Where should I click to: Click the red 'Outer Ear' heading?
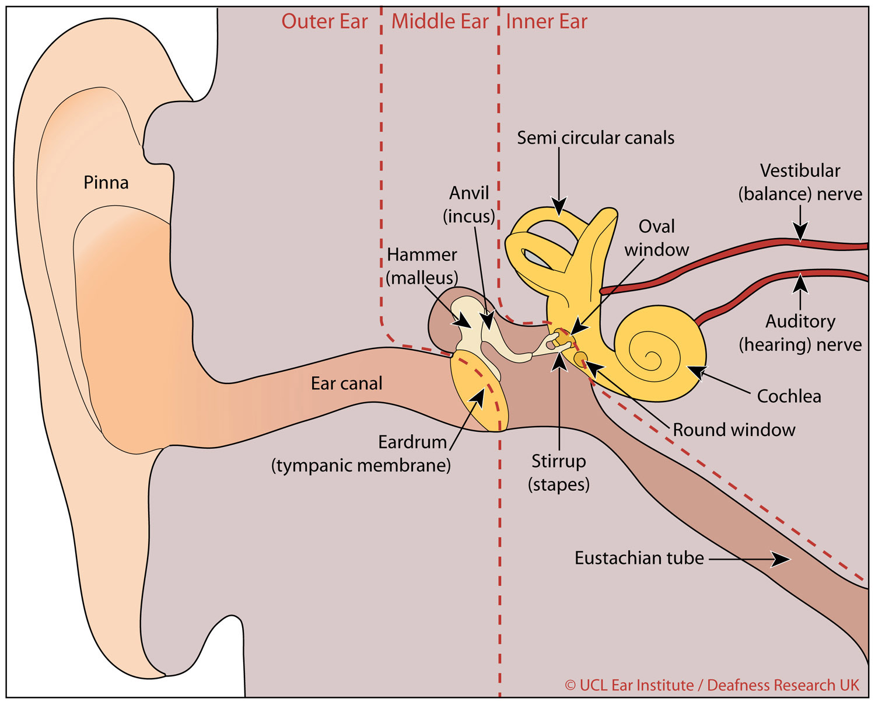click(324, 22)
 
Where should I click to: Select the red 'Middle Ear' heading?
click(440, 22)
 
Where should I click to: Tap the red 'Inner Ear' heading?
click(547, 22)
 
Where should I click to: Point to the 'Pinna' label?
click(106, 183)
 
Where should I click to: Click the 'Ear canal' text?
click(346, 383)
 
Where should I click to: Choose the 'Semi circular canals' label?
click(596, 138)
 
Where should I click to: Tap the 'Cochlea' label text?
click(789, 396)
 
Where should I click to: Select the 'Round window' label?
click(734, 430)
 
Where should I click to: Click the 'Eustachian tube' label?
click(639, 558)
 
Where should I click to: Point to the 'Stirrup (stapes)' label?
click(559, 473)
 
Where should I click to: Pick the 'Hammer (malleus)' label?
click(422, 266)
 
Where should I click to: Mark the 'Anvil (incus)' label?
click(469, 204)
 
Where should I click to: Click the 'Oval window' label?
click(657, 238)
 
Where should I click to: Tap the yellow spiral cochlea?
click(659, 352)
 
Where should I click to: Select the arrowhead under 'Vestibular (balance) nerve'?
click(800, 233)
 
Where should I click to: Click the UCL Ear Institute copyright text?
click(712, 685)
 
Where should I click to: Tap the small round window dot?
click(581, 358)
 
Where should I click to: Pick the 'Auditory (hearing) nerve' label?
click(800, 333)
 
